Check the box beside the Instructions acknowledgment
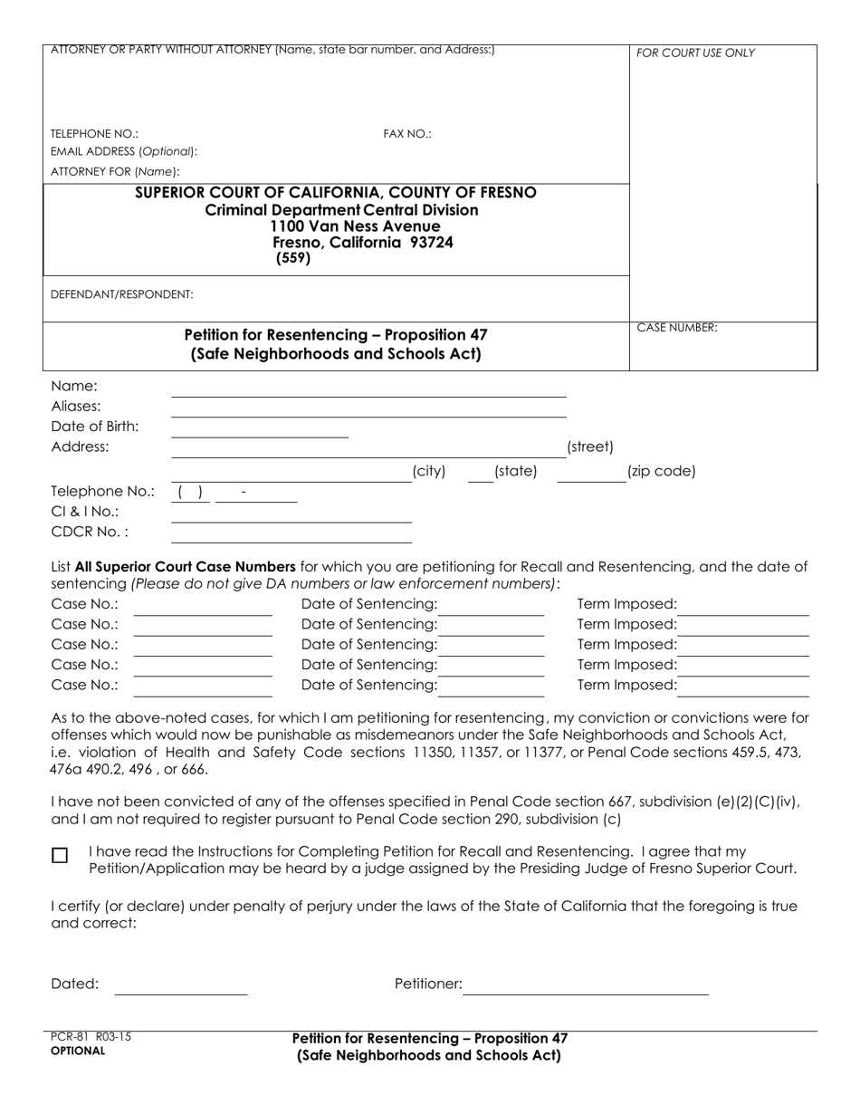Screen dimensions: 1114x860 (x=60, y=856)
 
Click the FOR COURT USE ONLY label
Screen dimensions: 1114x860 (x=695, y=53)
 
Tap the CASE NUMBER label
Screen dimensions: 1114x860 (x=677, y=328)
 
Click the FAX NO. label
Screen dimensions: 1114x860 (x=407, y=134)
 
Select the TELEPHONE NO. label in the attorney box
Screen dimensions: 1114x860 (x=95, y=134)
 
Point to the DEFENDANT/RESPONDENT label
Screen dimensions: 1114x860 (x=122, y=294)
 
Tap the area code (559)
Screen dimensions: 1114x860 (x=293, y=258)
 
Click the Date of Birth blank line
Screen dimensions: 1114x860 (x=260, y=431)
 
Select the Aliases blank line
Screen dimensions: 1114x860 (x=368, y=410)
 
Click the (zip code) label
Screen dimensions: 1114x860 (x=661, y=471)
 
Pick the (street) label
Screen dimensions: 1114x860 (x=589, y=447)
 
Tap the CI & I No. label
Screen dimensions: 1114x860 (x=85, y=512)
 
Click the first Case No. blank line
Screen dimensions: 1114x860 (x=203, y=610)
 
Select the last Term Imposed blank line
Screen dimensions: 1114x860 (x=743, y=690)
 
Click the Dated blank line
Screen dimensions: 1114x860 (x=181, y=989)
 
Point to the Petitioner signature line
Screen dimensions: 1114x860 (x=586, y=989)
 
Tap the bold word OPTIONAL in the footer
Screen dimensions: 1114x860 (x=78, y=1052)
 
